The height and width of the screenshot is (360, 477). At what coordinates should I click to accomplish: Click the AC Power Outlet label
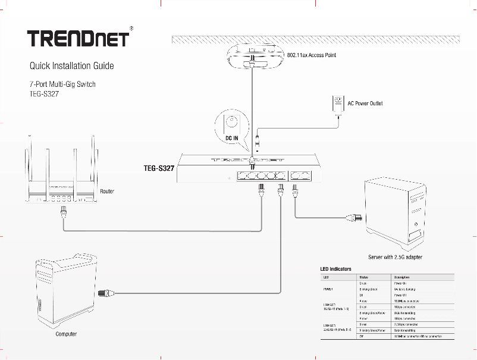[x=365, y=104]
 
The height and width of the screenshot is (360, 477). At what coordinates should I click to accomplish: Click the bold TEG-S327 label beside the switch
[x=159, y=168]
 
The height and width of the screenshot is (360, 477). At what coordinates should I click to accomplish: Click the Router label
[x=107, y=192]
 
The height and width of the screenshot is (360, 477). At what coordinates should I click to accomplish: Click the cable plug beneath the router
[x=62, y=212]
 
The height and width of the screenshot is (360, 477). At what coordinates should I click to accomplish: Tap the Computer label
[x=66, y=334]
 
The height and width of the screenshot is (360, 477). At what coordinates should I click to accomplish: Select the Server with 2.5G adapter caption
[x=395, y=257]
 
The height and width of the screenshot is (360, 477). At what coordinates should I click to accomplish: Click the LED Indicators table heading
[x=336, y=270]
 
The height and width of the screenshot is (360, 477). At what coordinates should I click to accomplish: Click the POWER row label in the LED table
[x=328, y=289]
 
